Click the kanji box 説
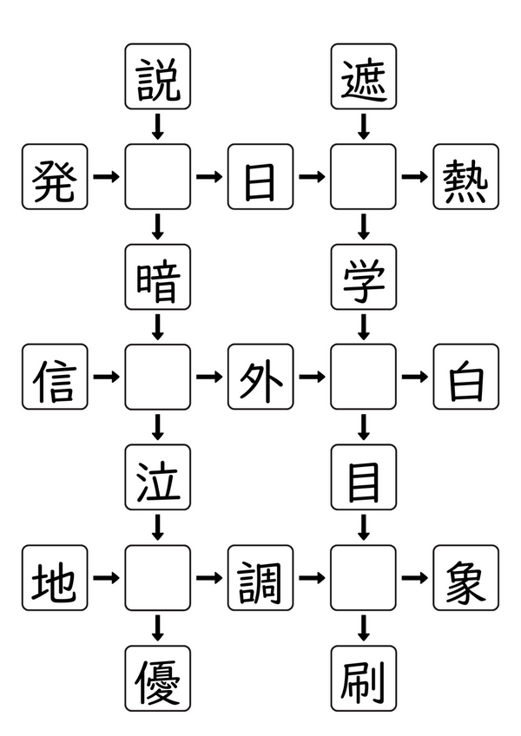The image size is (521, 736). (x=157, y=77)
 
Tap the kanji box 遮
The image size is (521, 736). (x=363, y=77)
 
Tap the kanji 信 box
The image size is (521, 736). (x=55, y=377)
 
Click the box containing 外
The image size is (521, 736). (x=260, y=377)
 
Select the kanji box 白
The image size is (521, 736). (x=466, y=377)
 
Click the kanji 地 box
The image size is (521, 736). (x=55, y=577)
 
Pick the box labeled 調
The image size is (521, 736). (x=260, y=577)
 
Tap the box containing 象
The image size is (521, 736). (x=466, y=577)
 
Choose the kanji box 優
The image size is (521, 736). (x=157, y=678)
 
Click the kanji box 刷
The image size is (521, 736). (x=363, y=678)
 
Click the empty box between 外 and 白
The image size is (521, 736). (x=363, y=377)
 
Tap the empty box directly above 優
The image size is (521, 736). (x=157, y=577)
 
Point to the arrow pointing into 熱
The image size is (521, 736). (x=414, y=177)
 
